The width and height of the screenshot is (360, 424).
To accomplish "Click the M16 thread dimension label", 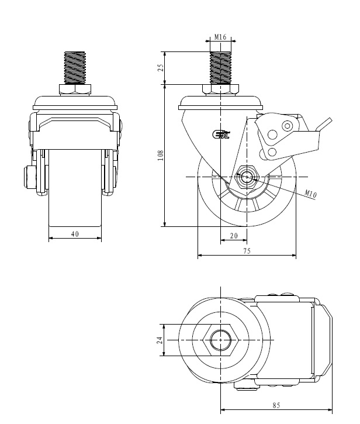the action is [x=220, y=37].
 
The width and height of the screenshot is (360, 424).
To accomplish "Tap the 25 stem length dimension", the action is [x=161, y=68].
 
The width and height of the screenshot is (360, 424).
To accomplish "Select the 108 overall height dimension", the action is [x=161, y=155].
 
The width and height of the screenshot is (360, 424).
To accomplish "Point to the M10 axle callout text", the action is [x=310, y=194].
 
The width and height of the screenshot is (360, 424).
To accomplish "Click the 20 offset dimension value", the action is [x=234, y=236].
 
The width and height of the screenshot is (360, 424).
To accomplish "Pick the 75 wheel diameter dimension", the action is [x=247, y=251].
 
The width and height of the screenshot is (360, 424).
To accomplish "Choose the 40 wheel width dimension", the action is [x=75, y=234].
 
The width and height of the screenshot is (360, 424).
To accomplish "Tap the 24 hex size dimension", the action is [x=160, y=340].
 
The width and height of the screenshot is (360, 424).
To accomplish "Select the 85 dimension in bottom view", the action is [x=276, y=405].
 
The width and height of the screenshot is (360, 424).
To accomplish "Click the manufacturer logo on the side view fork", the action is [x=221, y=134].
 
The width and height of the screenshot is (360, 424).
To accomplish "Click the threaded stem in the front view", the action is [x=75, y=68].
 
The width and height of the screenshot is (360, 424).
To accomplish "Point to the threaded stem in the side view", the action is [x=220, y=68].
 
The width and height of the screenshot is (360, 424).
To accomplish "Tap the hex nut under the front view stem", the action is [x=75, y=89].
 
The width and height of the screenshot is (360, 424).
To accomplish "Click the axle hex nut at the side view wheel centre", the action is [x=247, y=177].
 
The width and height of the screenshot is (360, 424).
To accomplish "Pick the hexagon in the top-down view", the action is [x=220, y=340].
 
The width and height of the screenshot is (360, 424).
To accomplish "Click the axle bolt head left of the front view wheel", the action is [x=28, y=177].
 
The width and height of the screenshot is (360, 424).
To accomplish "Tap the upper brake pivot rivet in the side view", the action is [x=288, y=126].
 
